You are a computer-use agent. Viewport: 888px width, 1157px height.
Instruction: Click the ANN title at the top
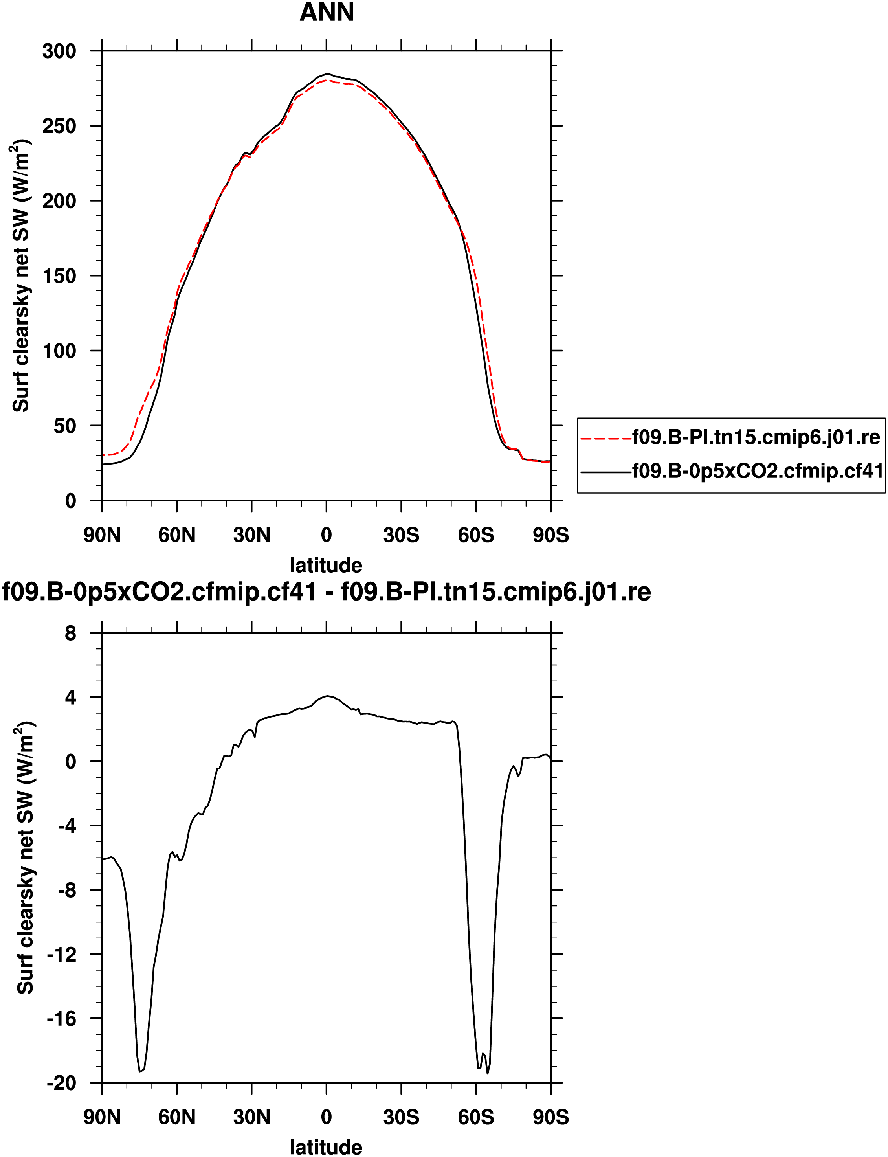tap(327, 13)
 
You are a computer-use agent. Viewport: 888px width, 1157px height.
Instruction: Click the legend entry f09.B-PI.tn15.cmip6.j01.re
tap(756, 438)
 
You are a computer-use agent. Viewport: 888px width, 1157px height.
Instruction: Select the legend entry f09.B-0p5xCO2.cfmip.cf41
tap(758, 470)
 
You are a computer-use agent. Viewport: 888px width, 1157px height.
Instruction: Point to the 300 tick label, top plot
tap(59, 51)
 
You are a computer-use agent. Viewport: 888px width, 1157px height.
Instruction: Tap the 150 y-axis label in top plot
tap(59, 276)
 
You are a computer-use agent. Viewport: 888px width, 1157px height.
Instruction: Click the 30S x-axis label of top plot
tap(401, 535)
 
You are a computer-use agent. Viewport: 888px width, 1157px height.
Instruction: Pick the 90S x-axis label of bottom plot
tap(551, 1117)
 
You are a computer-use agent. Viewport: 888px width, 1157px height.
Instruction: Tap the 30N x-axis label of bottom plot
tap(251, 1117)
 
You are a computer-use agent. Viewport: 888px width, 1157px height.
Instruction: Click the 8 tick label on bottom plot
tap(70, 633)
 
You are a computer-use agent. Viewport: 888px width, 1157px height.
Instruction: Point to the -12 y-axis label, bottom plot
tap(61, 955)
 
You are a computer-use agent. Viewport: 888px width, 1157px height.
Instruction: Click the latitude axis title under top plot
tap(326, 566)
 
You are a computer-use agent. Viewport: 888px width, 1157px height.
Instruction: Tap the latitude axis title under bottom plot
tap(326, 1148)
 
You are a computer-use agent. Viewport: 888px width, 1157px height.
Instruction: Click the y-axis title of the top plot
tap(21, 275)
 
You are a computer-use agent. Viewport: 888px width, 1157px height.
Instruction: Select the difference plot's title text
tap(326, 592)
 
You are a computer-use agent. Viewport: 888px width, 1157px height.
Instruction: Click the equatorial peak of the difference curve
tap(328, 696)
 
